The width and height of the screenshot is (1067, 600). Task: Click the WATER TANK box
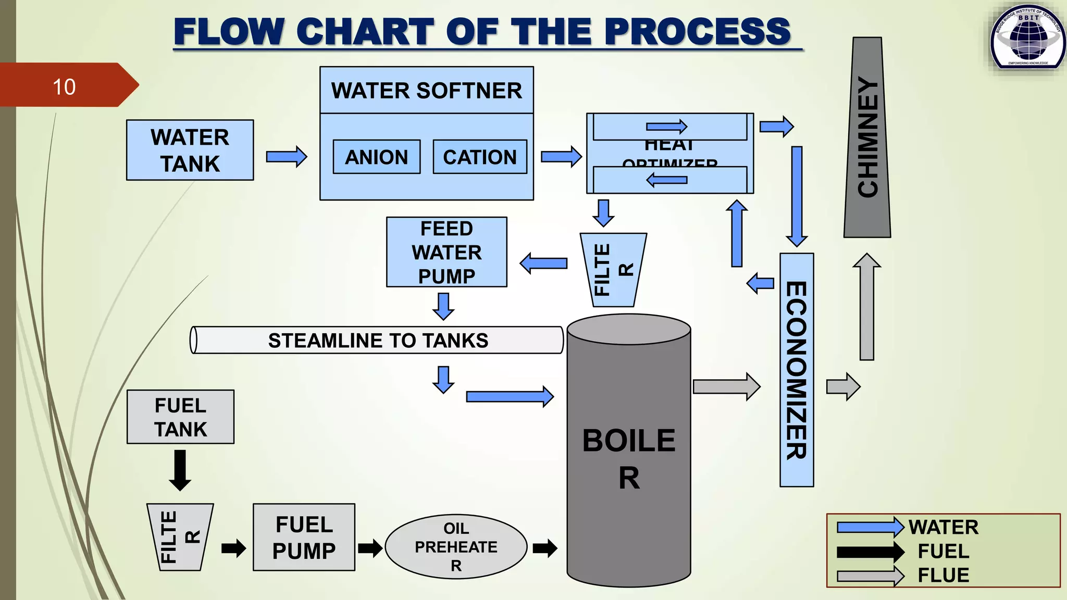[190, 150]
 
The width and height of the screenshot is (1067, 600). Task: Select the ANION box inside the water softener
[376, 157]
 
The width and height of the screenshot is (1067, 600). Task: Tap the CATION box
[479, 157]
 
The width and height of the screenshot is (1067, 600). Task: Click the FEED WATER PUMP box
[446, 252]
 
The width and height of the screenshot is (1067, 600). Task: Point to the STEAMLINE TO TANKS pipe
[378, 340]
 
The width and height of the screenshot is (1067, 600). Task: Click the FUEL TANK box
[180, 417]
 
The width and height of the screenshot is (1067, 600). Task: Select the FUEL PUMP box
[304, 537]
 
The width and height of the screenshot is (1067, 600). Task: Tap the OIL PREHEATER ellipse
[456, 546]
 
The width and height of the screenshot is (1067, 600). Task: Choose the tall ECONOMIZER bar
[796, 370]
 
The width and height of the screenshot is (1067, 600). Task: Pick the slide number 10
[64, 86]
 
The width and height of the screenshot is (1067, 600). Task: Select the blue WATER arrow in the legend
[870, 527]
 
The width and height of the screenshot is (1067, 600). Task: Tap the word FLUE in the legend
[943, 575]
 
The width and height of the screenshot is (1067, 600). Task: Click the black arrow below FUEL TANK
[180, 470]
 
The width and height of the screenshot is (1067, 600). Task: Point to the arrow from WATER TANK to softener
[286, 156]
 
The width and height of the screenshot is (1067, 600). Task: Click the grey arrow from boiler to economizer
[726, 386]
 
